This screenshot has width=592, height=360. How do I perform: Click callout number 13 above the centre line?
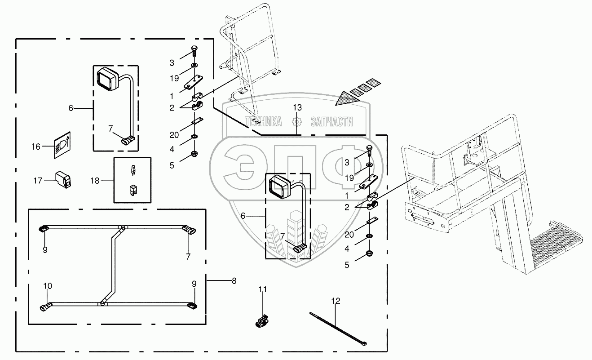(x=297, y=107)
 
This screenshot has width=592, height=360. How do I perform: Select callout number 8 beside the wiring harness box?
(x=234, y=281)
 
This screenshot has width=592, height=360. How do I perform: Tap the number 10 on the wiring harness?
(x=48, y=285)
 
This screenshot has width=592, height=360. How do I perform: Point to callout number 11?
(x=262, y=289)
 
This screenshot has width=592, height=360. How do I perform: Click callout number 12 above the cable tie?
(x=336, y=301)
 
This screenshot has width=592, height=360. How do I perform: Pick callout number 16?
(x=36, y=147)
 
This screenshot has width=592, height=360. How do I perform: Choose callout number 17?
(x=38, y=180)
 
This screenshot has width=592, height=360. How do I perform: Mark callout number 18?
(x=95, y=181)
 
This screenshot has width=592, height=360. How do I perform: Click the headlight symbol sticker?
(x=61, y=144)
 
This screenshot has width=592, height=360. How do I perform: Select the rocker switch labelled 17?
(x=62, y=179)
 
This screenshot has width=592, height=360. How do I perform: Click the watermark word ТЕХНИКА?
(x=263, y=121)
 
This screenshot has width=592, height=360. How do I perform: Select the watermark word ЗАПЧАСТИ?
(x=331, y=121)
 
